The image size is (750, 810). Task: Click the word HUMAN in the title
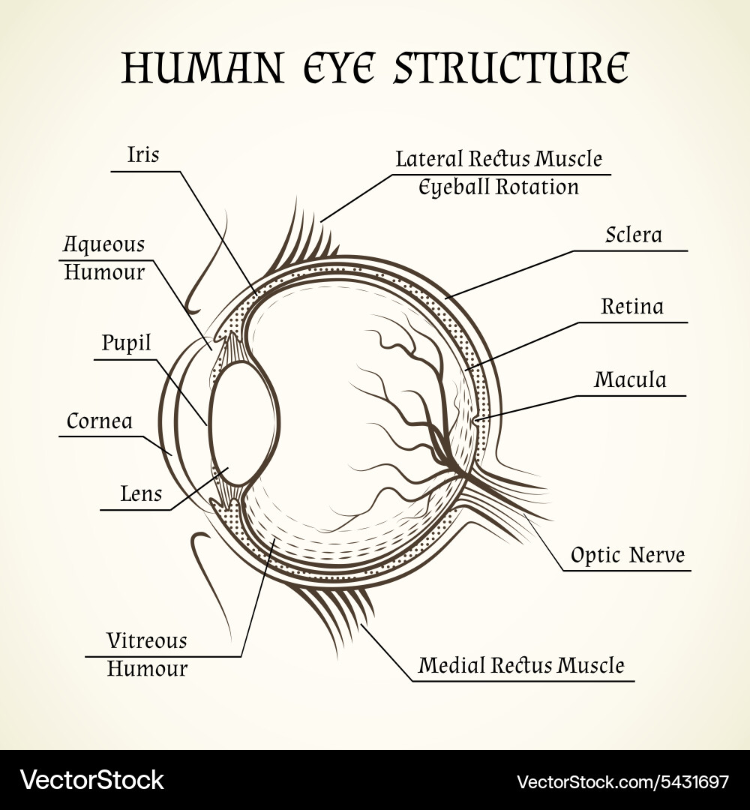(203, 67)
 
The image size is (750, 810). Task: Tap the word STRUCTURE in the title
(511, 67)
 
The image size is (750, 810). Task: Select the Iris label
(143, 154)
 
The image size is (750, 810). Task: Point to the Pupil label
(126, 343)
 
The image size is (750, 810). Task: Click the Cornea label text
(100, 421)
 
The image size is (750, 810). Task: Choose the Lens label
(141, 493)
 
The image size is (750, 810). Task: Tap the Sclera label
(634, 235)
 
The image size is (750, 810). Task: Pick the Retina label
(632, 306)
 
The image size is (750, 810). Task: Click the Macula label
(630, 379)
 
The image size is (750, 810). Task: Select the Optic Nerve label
(628, 555)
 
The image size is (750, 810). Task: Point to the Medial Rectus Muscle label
(521, 664)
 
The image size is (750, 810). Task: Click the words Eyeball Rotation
(499, 187)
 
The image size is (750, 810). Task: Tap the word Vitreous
(147, 640)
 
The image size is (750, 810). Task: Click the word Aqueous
(103, 244)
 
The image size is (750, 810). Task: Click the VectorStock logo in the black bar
(92, 780)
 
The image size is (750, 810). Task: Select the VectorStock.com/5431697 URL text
(622, 781)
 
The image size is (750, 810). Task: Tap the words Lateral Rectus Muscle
(499, 158)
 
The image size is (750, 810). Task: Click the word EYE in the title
(339, 67)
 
